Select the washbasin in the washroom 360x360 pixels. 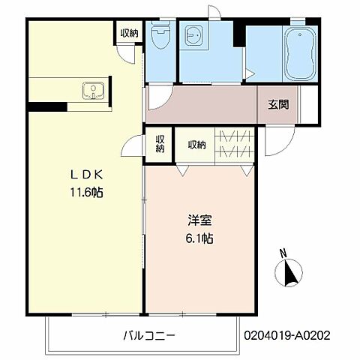(193, 36)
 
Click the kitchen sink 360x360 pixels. (93, 90)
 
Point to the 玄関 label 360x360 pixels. (278, 104)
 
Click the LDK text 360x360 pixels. (87, 175)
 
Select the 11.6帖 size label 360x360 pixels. (86, 192)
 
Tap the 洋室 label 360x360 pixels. (199, 220)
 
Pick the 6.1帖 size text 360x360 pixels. (199, 238)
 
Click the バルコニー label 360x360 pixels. (149, 335)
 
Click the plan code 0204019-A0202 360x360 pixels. (287, 335)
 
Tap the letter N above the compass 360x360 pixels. (283, 254)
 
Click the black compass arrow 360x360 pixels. (291, 274)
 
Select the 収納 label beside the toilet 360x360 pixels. (130, 33)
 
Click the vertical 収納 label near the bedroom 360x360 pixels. (160, 144)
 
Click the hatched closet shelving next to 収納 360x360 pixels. (235, 145)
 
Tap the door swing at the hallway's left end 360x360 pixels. (160, 97)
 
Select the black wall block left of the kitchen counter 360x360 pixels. (48, 106)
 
